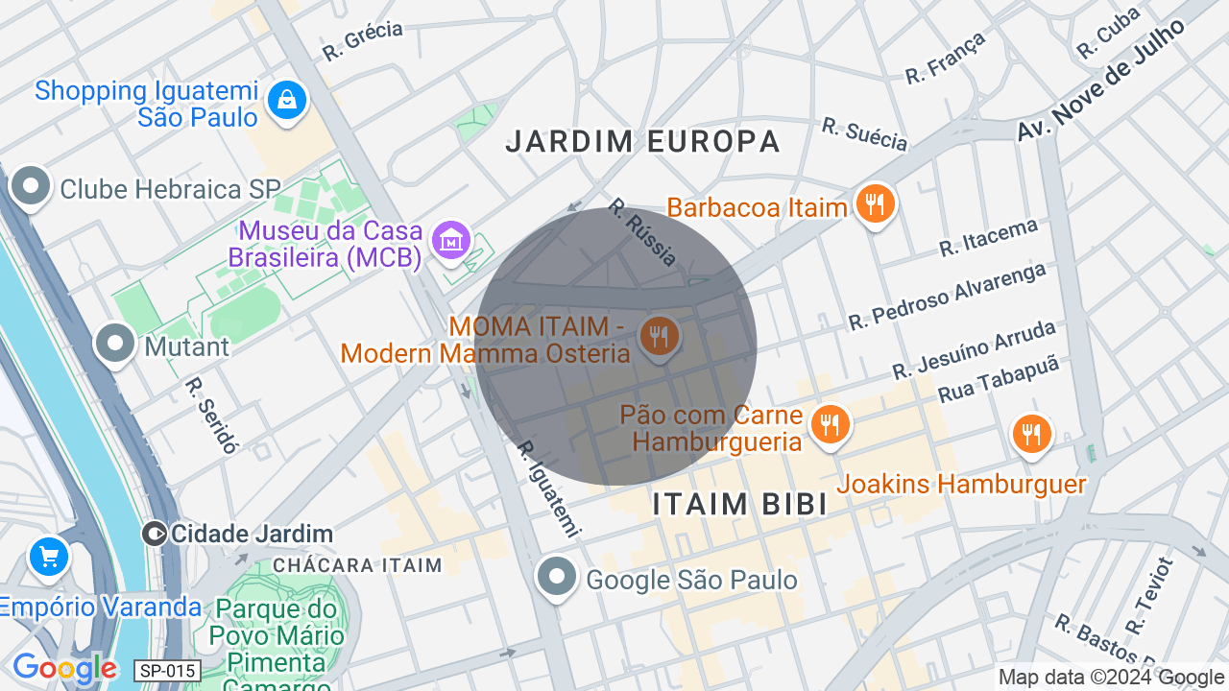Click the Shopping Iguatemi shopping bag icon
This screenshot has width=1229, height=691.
pos(286,99)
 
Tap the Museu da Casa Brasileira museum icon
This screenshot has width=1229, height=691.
pos(450,240)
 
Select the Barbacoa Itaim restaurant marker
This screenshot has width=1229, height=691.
pos(875,203)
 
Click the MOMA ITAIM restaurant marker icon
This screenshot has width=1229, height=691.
pos(659,337)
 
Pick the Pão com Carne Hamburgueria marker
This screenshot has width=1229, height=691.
pos(830,423)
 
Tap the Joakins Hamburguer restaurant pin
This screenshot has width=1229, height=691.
pos(1031,433)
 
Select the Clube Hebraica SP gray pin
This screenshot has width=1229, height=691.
pos(31,186)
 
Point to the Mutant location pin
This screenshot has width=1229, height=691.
pos(116,343)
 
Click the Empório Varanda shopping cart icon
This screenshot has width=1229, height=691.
pos(48,557)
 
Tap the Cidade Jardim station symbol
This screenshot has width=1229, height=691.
pos(154,534)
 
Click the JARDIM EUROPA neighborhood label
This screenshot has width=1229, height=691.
pos(642,142)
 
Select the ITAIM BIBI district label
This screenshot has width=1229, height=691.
pos(739,504)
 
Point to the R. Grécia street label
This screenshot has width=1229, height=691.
pos(362,41)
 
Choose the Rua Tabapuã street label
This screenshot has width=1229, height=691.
pos(998,378)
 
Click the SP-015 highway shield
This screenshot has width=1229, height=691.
pos(168,671)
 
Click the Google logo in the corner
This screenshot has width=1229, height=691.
pos(64,668)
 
